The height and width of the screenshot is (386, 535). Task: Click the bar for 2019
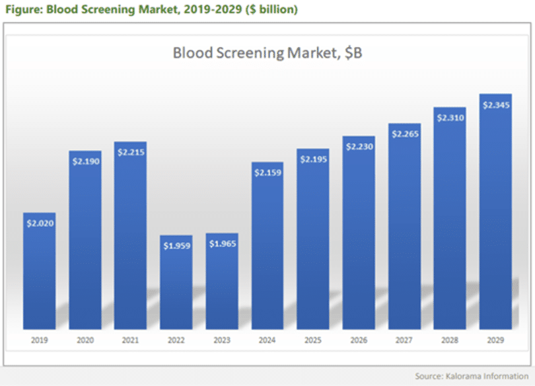39,271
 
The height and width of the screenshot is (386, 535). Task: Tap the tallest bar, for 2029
496,212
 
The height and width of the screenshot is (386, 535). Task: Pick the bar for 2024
267,245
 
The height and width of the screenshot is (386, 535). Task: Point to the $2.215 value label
131,152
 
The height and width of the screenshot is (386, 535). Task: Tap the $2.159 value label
267,173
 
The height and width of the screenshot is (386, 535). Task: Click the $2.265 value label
404,134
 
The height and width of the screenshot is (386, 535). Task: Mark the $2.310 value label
450,118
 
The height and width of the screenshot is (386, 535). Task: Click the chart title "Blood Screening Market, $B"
267,53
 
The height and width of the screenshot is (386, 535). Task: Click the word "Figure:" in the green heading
23,10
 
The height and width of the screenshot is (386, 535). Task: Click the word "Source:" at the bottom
429,376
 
